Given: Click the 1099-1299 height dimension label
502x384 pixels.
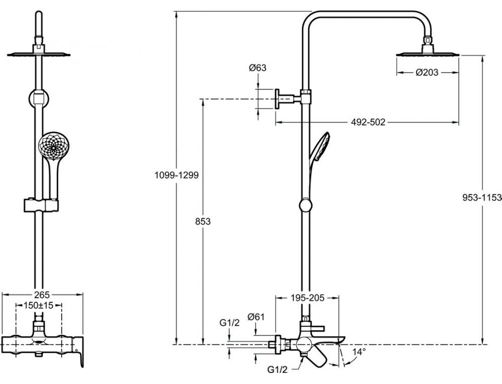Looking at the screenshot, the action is tap(176, 175).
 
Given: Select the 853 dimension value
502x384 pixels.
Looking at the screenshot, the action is tap(203, 221).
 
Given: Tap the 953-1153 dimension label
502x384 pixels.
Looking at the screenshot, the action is tap(482, 198).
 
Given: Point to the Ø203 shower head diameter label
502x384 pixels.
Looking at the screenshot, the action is tap(427, 73).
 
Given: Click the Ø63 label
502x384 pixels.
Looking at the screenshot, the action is tap(258, 68).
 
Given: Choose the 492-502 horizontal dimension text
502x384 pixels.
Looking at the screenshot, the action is tap(368, 122).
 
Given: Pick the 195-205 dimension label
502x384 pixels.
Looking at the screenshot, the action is tap(308, 298).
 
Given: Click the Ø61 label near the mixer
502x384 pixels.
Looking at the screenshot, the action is tap(256, 317).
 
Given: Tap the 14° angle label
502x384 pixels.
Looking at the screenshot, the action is tap(359, 352).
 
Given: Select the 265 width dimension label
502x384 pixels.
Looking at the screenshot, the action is tap(42, 294).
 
